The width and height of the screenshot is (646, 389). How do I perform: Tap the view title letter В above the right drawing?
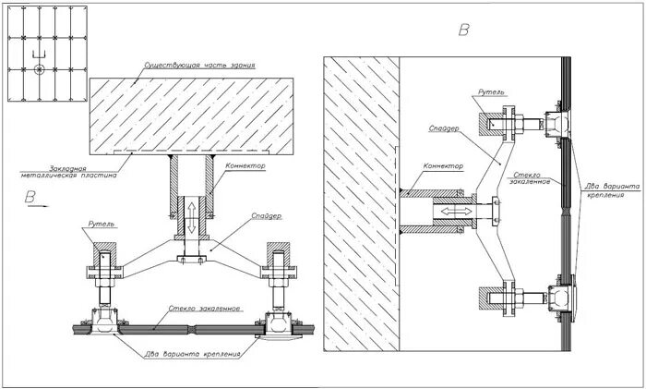click(x=464, y=30)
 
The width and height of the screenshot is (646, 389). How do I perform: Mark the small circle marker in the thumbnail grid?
click(x=37, y=69)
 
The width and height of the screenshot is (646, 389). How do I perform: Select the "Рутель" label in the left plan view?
click(x=102, y=225)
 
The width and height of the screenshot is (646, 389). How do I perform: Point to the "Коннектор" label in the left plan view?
click(x=245, y=166)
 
